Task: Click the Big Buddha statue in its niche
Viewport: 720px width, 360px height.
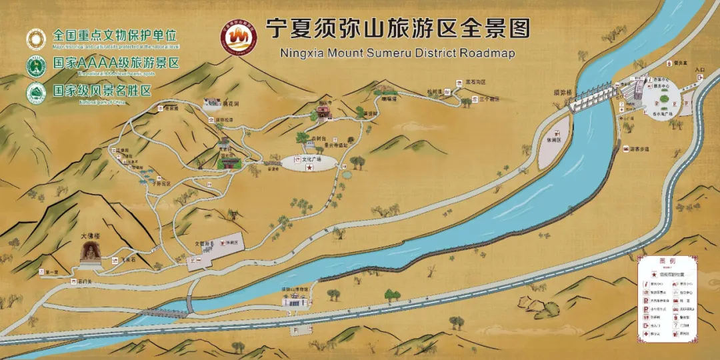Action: coord(89,252)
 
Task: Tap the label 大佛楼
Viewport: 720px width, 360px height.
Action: coord(90,236)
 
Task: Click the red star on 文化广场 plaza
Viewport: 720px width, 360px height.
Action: coord(309,169)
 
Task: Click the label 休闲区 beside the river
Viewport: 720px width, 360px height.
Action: coord(552,141)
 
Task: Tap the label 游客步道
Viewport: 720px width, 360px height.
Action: coord(639,149)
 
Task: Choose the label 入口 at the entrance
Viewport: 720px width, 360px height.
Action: coord(699,69)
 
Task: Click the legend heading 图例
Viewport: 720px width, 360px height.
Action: coord(667,261)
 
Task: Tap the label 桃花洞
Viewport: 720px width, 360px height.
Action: coord(231,105)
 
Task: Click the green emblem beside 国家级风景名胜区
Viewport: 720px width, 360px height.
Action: coord(36,93)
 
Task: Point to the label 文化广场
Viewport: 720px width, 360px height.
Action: coord(311,160)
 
